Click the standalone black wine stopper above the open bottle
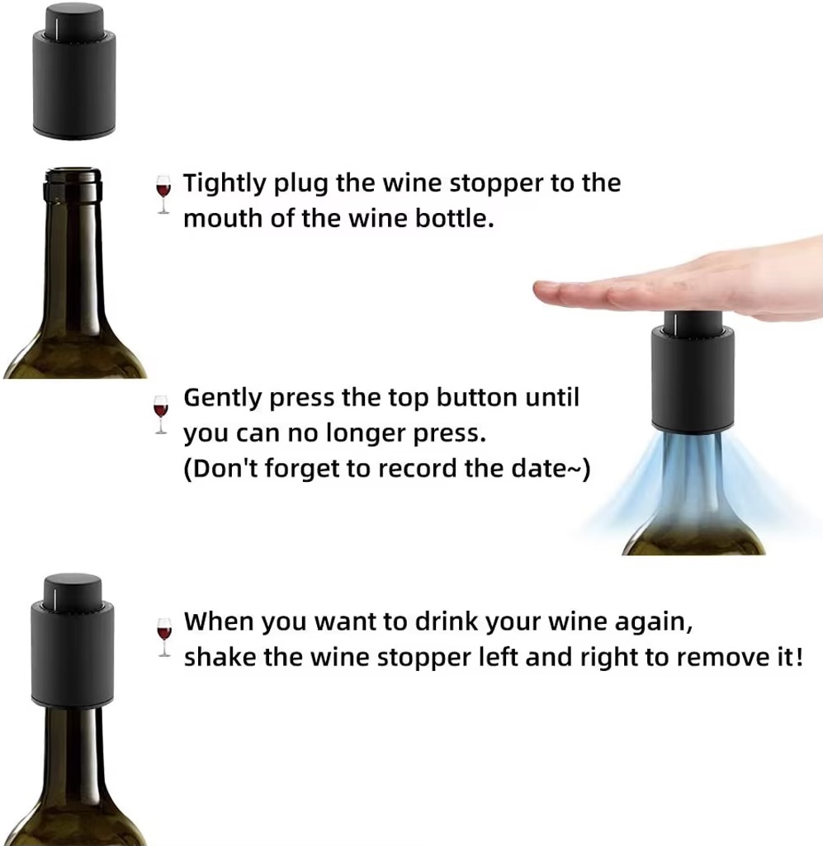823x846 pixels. [74, 71]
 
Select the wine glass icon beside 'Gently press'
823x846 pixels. [161, 414]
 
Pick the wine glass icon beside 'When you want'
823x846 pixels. [164, 637]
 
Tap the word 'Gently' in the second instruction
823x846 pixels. [223, 399]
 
